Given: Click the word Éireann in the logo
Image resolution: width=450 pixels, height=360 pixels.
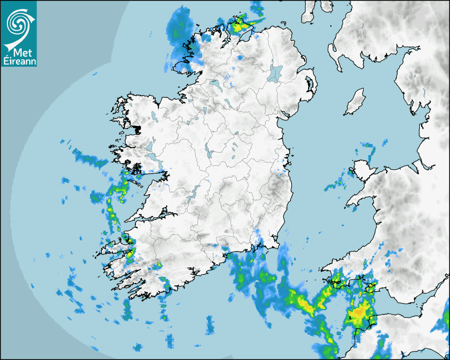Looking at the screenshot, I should [19, 61].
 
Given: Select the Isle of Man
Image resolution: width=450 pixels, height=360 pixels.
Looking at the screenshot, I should [355, 102].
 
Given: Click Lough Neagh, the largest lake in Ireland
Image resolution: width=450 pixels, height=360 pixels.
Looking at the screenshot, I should [276, 73].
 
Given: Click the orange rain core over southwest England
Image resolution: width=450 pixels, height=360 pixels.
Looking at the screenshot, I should [358, 313].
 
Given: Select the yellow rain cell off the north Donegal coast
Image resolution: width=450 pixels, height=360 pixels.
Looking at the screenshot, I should [239, 24].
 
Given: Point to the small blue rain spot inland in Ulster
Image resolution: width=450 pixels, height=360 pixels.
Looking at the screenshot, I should [239, 57].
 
